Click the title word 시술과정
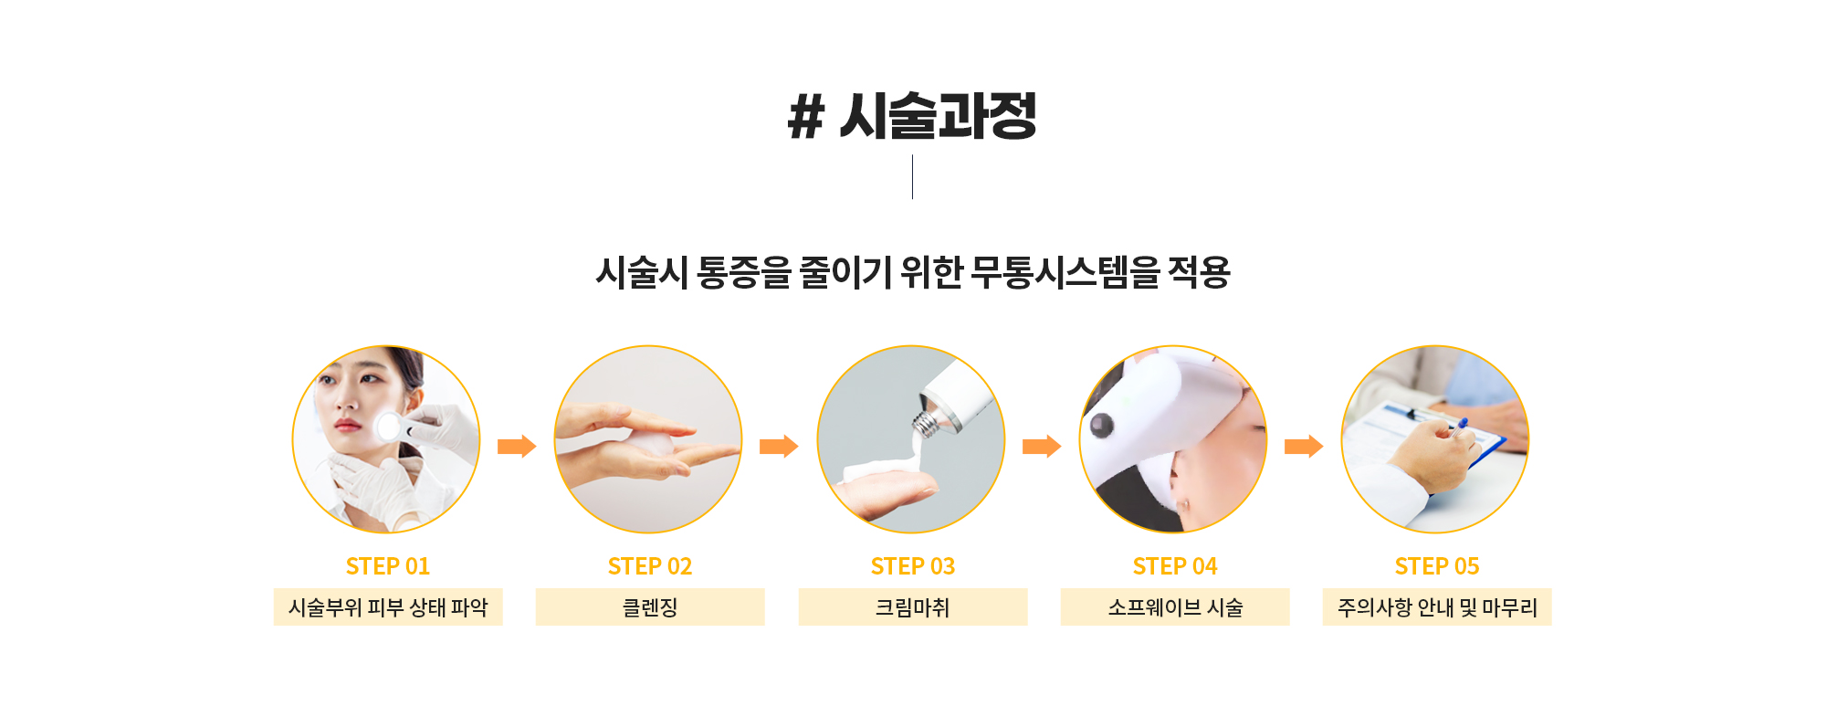(x=938, y=116)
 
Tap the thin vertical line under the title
(x=912, y=177)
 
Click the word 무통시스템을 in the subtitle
(x=1065, y=272)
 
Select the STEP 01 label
(x=388, y=566)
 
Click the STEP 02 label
(x=650, y=566)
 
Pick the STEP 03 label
(x=913, y=566)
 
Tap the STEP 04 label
(x=1175, y=566)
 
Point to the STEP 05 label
(x=1437, y=566)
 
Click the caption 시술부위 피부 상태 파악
(x=388, y=607)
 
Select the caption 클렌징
(x=650, y=607)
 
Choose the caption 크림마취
(x=913, y=607)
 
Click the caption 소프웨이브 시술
(x=1175, y=607)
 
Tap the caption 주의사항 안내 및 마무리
(x=1437, y=607)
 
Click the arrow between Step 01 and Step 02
(x=517, y=446)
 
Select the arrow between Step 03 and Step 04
(x=1042, y=446)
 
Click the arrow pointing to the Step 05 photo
(x=1304, y=446)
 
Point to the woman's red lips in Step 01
(x=347, y=425)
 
